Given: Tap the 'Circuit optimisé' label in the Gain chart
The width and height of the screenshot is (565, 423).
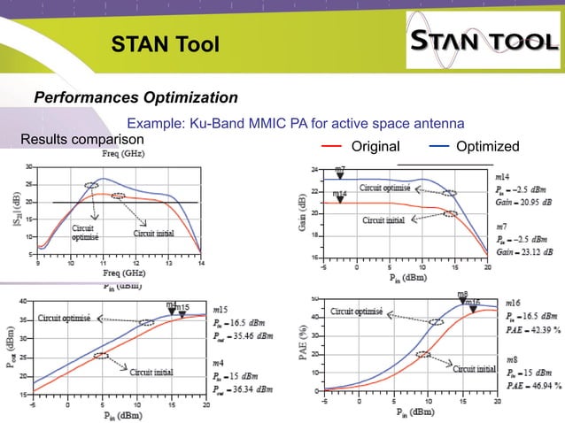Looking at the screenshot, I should pyautogui.click(x=384, y=188).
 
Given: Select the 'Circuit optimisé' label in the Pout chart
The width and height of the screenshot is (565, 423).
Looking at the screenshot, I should pyautogui.click(x=66, y=317).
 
